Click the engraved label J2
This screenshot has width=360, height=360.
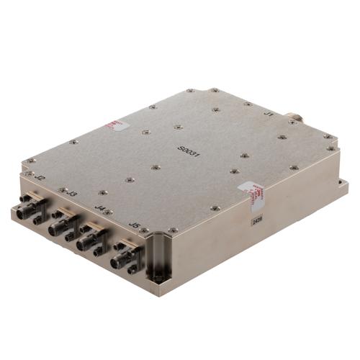(41, 177)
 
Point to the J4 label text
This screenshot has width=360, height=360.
(102, 209)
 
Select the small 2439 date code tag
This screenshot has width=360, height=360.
(257, 222)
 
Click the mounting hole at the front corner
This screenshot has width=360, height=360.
(158, 274)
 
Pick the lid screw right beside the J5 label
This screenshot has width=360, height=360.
(144, 230)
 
